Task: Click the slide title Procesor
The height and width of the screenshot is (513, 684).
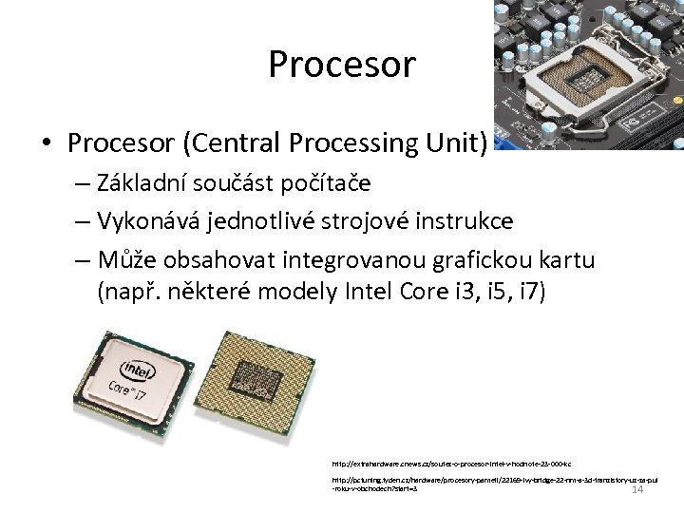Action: point(342,65)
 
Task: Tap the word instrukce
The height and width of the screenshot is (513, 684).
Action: point(465,221)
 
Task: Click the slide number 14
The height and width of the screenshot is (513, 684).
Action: point(637,489)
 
